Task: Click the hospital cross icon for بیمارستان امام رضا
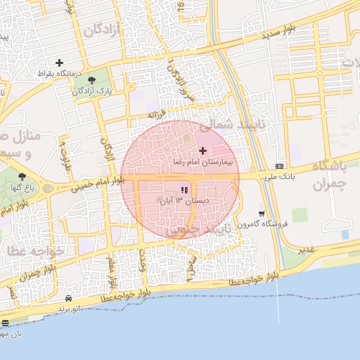(x=203, y=150)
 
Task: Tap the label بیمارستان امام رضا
(x=207, y=162)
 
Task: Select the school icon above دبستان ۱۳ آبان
(x=184, y=191)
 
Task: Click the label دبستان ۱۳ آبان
(x=186, y=201)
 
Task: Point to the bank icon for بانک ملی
(x=281, y=167)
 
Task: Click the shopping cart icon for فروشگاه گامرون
(x=262, y=214)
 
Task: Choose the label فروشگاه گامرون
(x=264, y=224)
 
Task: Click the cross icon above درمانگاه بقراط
(x=59, y=63)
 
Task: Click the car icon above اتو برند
(x=67, y=298)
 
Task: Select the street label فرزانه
(x=156, y=114)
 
